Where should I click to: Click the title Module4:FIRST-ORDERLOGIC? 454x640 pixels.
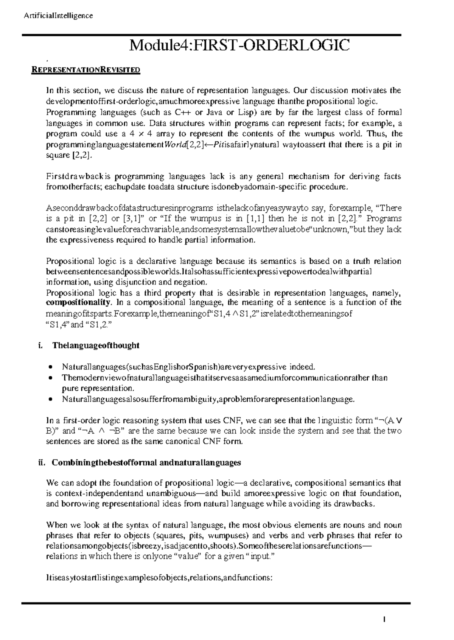tap(239, 46)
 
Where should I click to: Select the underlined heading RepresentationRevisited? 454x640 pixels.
tap(86, 70)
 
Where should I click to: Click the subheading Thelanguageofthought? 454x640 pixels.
tap(96, 345)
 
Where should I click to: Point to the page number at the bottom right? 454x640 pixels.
tap(384, 619)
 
